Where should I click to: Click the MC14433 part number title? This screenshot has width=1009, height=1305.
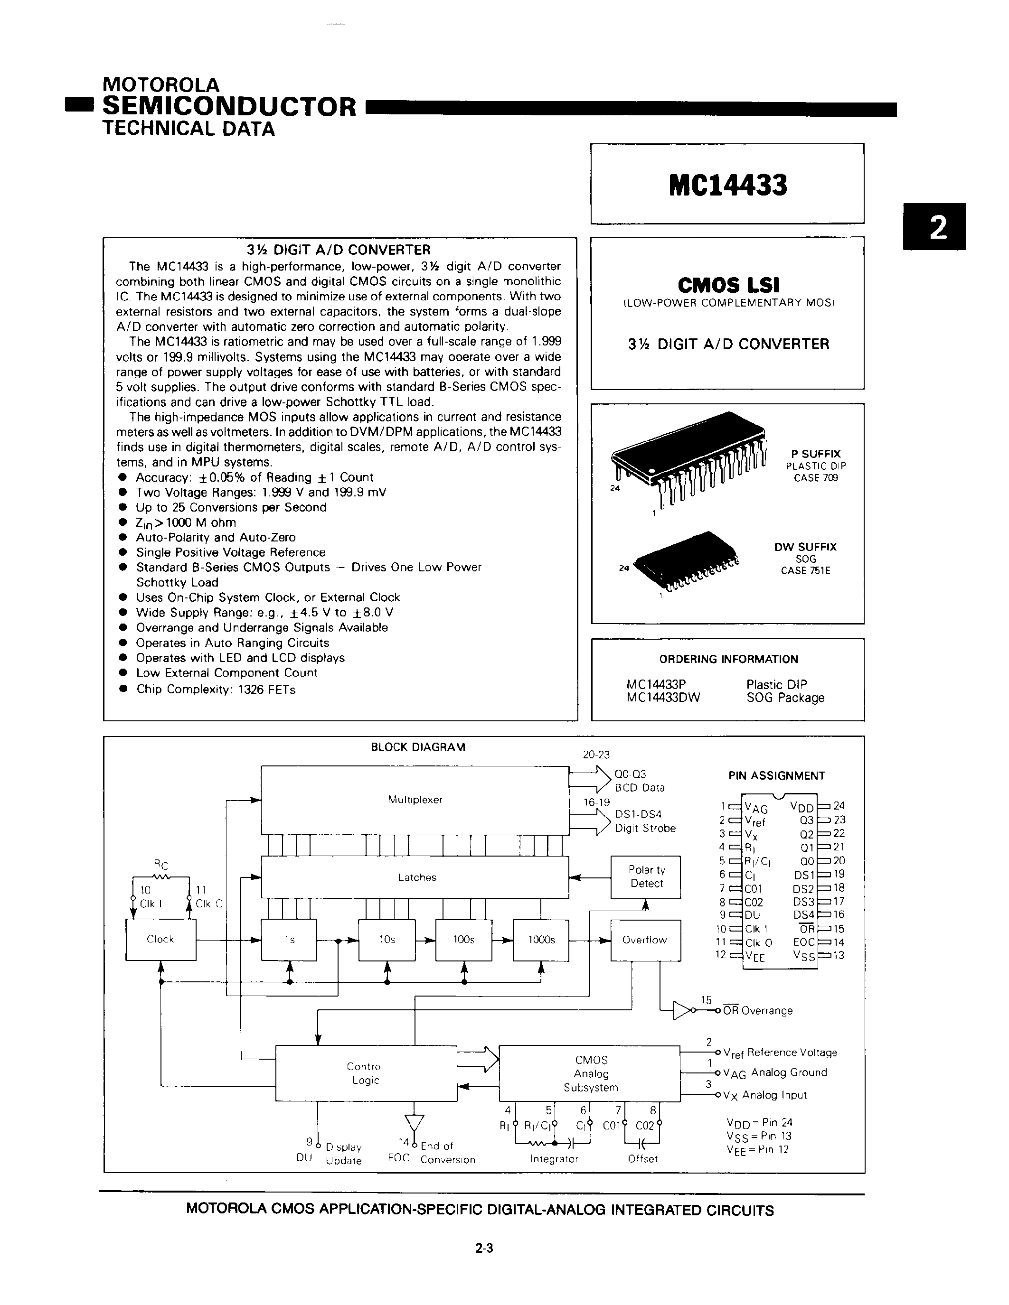pos(727,185)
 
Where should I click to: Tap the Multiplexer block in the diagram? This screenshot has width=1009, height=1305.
pos(415,800)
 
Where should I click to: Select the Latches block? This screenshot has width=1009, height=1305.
pos(416,877)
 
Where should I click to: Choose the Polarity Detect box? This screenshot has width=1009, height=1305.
pos(646,876)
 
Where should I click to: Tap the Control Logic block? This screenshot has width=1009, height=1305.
pos(365,1073)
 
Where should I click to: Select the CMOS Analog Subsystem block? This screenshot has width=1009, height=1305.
pos(590,1073)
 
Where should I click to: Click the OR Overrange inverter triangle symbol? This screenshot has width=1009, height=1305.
pos(682,1010)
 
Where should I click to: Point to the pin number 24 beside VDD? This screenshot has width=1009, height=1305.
pos(839,805)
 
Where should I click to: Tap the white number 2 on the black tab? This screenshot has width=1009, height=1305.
pos(938,227)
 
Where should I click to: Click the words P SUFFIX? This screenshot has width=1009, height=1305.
pos(815,454)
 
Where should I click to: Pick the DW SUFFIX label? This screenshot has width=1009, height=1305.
pos(805,547)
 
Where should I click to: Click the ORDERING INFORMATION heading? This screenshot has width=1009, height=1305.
pos(728,659)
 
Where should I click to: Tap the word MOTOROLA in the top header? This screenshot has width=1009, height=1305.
pos(161,85)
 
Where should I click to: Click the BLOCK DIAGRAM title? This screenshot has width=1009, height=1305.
pos(418,747)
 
